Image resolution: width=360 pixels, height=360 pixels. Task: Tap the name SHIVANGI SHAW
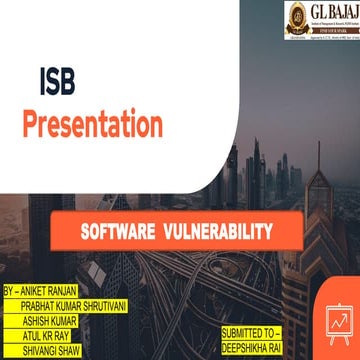click(56, 340)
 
